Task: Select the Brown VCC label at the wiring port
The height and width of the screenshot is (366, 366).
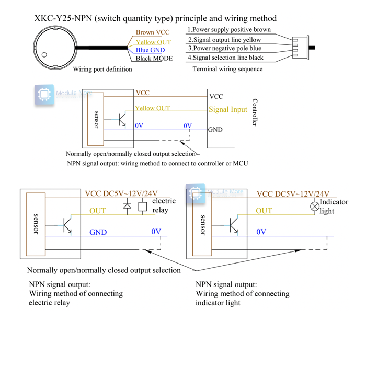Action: (x=152, y=32)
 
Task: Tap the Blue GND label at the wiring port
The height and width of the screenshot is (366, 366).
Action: (x=150, y=50)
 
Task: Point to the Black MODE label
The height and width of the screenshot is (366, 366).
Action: (x=154, y=58)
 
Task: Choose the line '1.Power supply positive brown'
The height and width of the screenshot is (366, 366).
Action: (x=229, y=30)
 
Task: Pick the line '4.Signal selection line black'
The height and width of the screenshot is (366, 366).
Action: (x=225, y=58)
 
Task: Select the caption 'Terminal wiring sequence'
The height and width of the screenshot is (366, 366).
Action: (x=227, y=69)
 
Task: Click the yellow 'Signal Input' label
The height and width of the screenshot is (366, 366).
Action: (x=228, y=109)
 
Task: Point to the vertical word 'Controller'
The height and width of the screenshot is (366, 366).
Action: (x=255, y=112)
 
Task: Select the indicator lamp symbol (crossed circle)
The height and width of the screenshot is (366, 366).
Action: (x=315, y=206)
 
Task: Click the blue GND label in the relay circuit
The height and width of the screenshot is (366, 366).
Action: (x=98, y=232)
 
